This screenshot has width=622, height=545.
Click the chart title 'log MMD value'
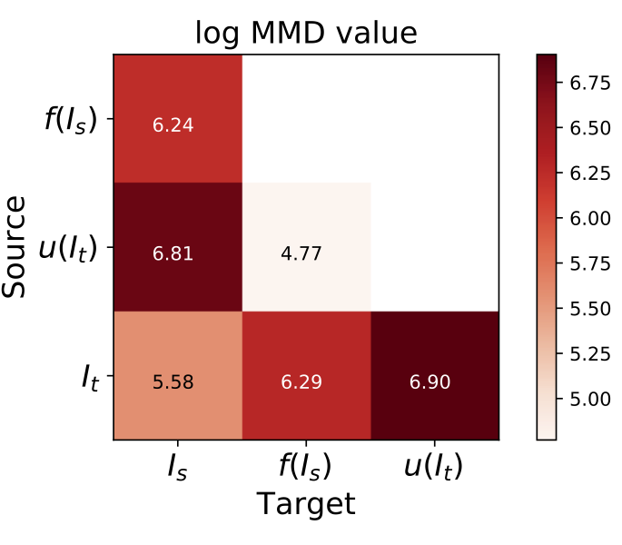(x=306, y=33)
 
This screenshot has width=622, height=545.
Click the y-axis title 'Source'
(x=16, y=247)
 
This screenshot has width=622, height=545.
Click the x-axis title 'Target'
(x=306, y=504)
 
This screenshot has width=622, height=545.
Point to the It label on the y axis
(x=89, y=375)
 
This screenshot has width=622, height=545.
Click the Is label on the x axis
(x=178, y=467)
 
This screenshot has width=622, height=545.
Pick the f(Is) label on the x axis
(x=306, y=467)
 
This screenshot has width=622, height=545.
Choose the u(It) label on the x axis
(x=434, y=467)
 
